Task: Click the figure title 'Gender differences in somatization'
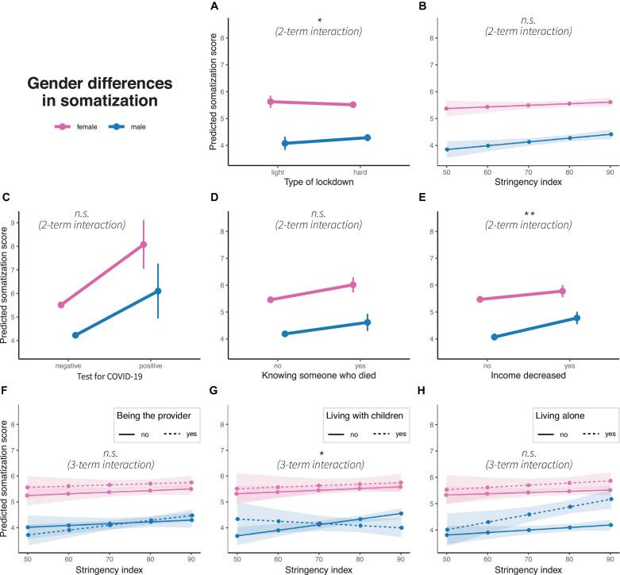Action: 102,91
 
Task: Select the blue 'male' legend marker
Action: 112,126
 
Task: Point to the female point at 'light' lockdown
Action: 271,102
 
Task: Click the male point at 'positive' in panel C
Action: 158,291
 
